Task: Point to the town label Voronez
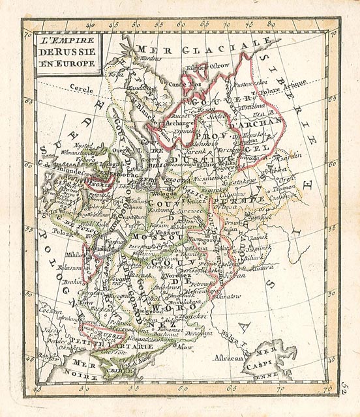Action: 179,276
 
